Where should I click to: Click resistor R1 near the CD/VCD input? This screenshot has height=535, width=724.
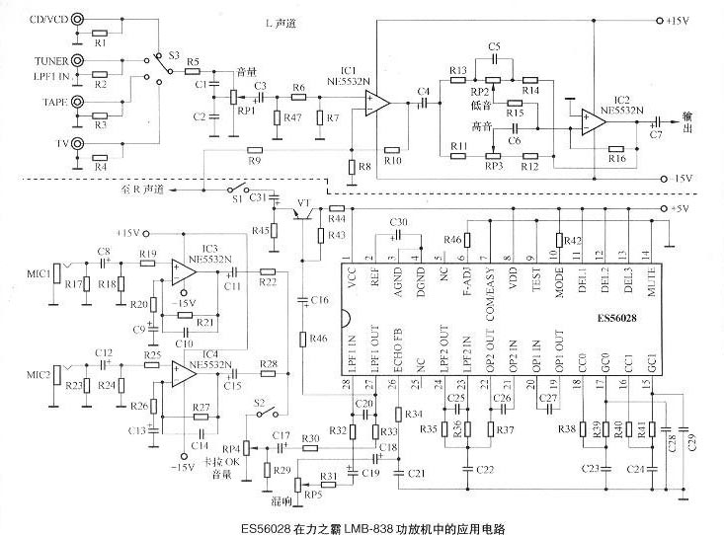pyautogui.click(x=101, y=43)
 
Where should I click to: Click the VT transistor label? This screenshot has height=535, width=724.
pyautogui.click(x=304, y=209)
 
